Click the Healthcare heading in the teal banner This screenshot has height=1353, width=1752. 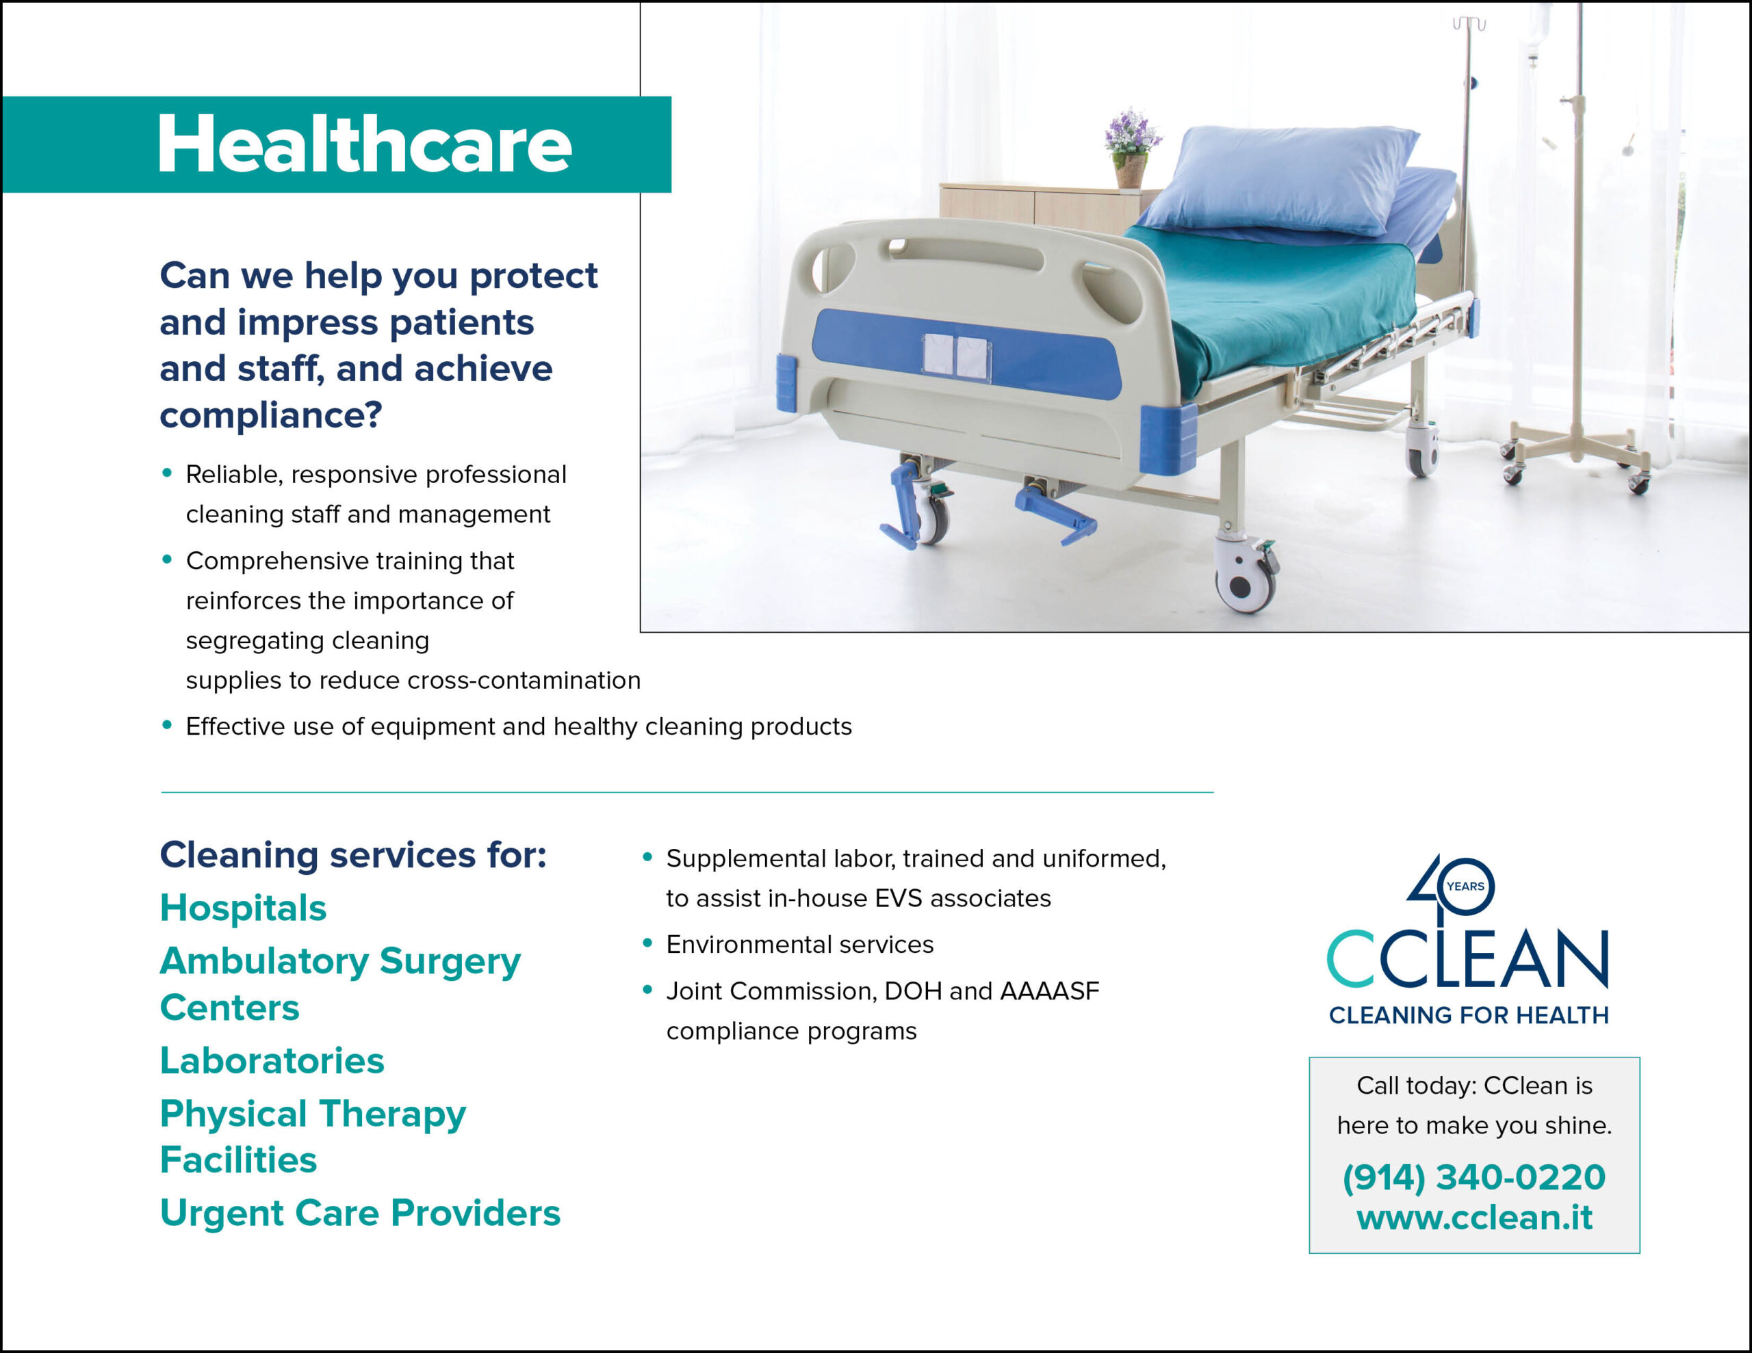click(365, 144)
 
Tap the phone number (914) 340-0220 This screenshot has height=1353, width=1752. click(1473, 1177)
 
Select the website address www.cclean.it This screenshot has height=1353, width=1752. click(1473, 1217)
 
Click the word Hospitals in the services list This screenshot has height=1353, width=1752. click(243, 908)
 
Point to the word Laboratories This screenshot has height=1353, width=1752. click(272, 1060)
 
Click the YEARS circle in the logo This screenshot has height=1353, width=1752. click(1466, 886)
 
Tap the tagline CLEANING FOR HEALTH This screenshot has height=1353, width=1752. click(1469, 1015)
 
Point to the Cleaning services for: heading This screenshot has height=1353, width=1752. click(353, 855)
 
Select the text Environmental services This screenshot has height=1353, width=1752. click(800, 944)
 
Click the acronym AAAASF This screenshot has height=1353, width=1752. click(1049, 991)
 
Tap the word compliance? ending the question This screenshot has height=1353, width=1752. click(271, 415)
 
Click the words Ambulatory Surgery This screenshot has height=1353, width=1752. click(340, 962)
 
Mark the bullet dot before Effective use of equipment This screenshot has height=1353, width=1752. click(167, 725)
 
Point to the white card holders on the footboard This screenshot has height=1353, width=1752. click(956, 357)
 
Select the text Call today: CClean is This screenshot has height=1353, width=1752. click(1474, 1085)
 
